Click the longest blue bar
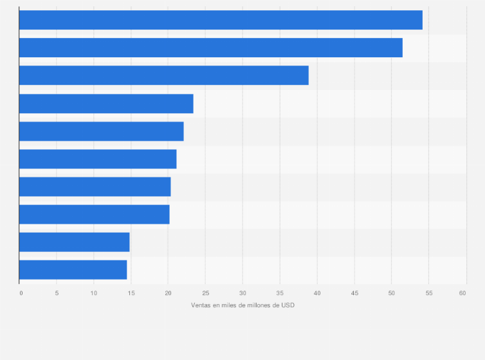[x=221, y=20]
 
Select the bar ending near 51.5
[x=210, y=48]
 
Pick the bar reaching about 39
[x=163, y=75]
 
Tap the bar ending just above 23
[x=106, y=104]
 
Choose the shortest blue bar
[x=73, y=270]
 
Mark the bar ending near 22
[x=101, y=131]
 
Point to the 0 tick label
[x=21, y=293]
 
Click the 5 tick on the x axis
[x=57, y=293]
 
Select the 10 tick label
[x=94, y=293]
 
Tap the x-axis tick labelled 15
[x=131, y=293]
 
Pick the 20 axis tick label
[x=168, y=293]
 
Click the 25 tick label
[x=205, y=293]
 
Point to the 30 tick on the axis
[x=243, y=293]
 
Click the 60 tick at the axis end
[x=462, y=293]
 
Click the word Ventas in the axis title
[x=201, y=305]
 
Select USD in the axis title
[x=288, y=305]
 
